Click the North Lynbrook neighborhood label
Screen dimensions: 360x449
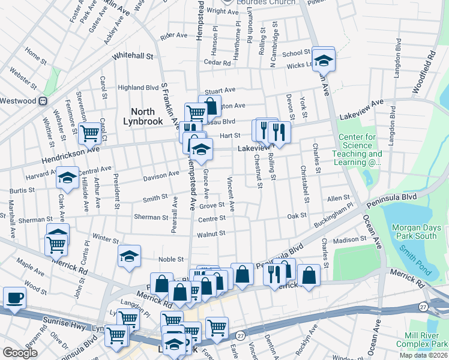click(147, 116)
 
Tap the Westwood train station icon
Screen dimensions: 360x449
click(43, 101)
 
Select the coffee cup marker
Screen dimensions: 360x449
click(14, 298)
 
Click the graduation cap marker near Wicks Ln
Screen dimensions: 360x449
click(323, 60)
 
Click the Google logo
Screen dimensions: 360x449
click(20, 353)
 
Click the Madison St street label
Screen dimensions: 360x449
click(349, 241)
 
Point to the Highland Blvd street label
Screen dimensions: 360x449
click(138, 86)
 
